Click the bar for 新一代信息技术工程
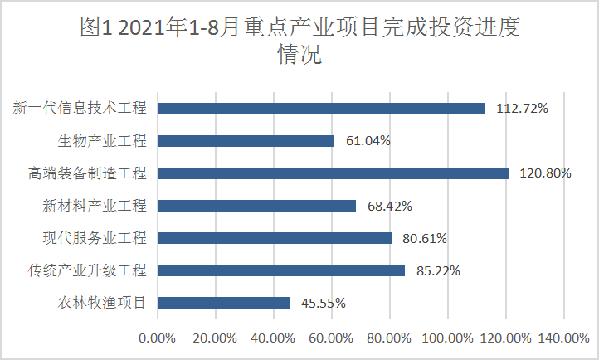coord(321,108)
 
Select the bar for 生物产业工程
coord(246,141)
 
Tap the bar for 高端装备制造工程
coord(333,173)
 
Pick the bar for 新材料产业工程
coord(257,206)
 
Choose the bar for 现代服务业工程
coord(275,238)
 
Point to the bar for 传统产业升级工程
coord(281,270)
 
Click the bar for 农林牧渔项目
coord(224,303)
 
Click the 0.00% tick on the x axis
coord(158,338)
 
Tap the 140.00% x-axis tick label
coord(563,338)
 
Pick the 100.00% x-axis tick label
coord(447,338)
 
